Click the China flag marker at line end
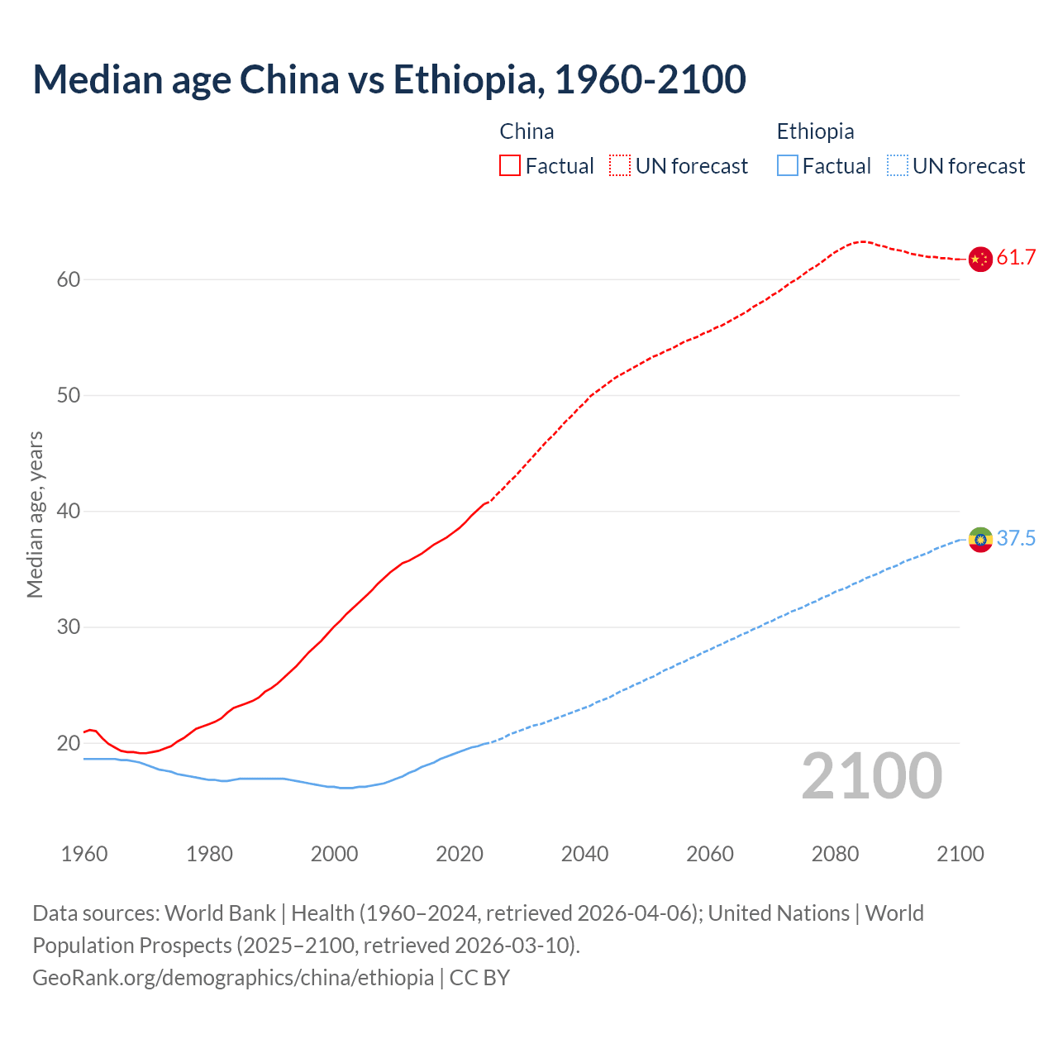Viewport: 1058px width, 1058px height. point(979,259)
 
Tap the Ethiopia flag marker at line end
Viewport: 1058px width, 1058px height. point(979,539)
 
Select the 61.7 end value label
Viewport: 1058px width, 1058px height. point(1016,258)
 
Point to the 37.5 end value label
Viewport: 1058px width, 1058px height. point(1016,539)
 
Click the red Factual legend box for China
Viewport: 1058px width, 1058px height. point(510,166)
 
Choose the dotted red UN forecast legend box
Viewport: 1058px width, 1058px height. point(620,166)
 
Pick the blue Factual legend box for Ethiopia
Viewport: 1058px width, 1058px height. point(787,166)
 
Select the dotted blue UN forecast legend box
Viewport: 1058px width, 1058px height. point(897,166)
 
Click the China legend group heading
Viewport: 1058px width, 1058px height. point(527,131)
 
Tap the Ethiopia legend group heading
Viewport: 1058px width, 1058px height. point(815,131)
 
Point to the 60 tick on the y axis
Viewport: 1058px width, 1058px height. point(69,279)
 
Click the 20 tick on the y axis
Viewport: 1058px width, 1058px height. point(69,743)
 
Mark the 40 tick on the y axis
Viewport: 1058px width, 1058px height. point(69,512)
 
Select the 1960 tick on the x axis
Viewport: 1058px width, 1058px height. point(84,854)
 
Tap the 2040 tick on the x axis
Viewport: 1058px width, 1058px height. point(584,854)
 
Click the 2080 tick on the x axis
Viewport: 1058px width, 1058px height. point(835,854)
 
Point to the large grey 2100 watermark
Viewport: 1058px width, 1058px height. point(871,776)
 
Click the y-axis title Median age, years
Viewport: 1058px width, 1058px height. point(35,514)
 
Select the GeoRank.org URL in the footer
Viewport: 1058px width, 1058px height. point(233,978)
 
